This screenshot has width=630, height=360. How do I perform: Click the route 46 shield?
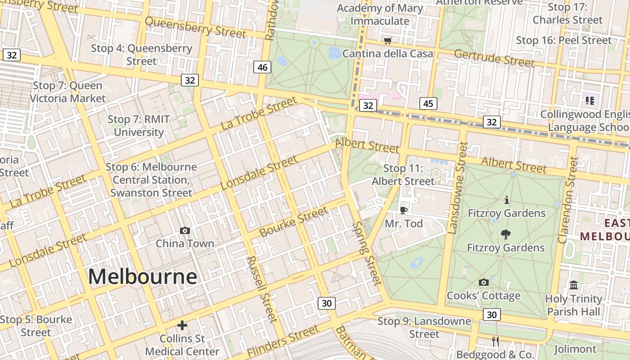click(x=262, y=67)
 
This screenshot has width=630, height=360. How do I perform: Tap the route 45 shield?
click(x=428, y=103)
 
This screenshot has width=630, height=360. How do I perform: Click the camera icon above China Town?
click(x=184, y=231)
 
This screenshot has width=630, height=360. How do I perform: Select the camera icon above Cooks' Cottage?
click(x=484, y=282)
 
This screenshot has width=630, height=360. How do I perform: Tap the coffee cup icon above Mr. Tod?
click(x=404, y=210)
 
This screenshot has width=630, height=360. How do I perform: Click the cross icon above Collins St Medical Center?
click(x=182, y=325)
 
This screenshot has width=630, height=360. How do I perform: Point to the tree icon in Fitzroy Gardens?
click(x=506, y=234)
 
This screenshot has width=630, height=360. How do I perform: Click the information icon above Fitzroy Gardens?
click(x=507, y=199)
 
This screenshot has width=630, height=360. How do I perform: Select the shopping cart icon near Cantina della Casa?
click(x=388, y=41)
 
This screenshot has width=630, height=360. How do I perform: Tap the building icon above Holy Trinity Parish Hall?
click(x=574, y=285)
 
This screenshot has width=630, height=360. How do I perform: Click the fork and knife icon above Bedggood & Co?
click(x=495, y=342)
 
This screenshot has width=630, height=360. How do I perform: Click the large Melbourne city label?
click(x=142, y=276)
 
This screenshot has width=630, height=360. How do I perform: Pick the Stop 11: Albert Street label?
click(x=403, y=175)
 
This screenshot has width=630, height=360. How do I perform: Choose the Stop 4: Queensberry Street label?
click(x=141, y=54)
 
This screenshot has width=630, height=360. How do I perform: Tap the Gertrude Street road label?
click(x=494, y=58)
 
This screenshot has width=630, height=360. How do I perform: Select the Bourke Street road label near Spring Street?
click(x=294, y=222)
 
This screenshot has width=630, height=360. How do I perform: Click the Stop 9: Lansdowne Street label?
click(x=424, y=328)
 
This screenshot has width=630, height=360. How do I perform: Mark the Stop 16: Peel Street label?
click(x=564, y=40)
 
